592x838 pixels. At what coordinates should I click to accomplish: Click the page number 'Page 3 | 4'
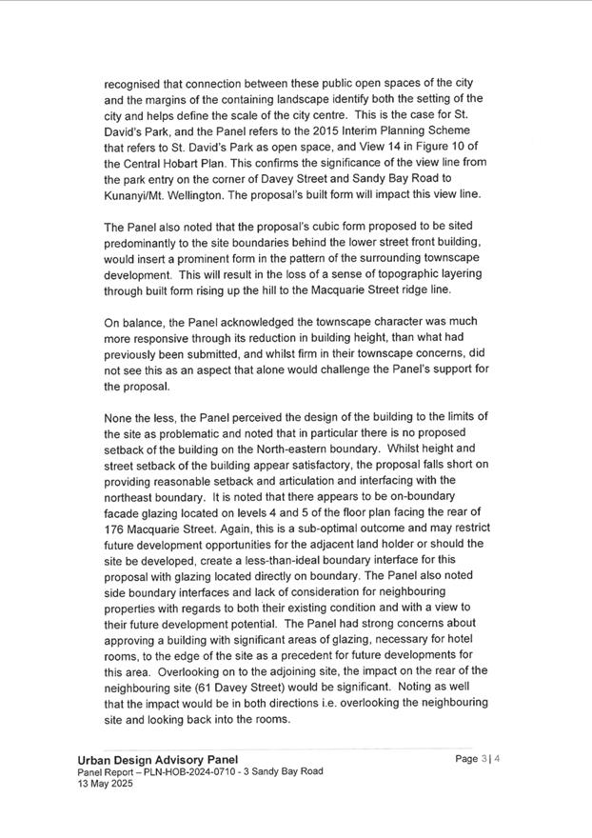[x=477, y=759]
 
